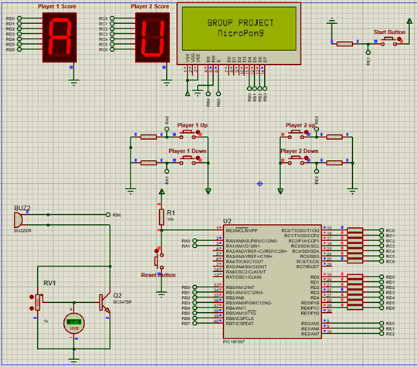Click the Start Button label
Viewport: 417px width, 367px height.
click(x=388, y=32)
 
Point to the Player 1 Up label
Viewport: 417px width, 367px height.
click(x=192, y=125)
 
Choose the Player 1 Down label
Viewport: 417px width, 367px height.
click(x=188, y=151)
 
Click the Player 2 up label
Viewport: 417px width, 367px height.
click(x=300, y=125)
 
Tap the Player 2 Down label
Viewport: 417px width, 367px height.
click(x=300, y=151)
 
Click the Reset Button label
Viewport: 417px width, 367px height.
click(x=158, y=275)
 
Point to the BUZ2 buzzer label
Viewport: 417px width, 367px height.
click(x=22, y=208)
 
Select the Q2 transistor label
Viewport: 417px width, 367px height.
click(x=117, y=295)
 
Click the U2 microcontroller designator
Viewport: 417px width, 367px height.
click(x=226, y=221)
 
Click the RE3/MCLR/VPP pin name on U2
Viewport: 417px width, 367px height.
click(x=242, y=230)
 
